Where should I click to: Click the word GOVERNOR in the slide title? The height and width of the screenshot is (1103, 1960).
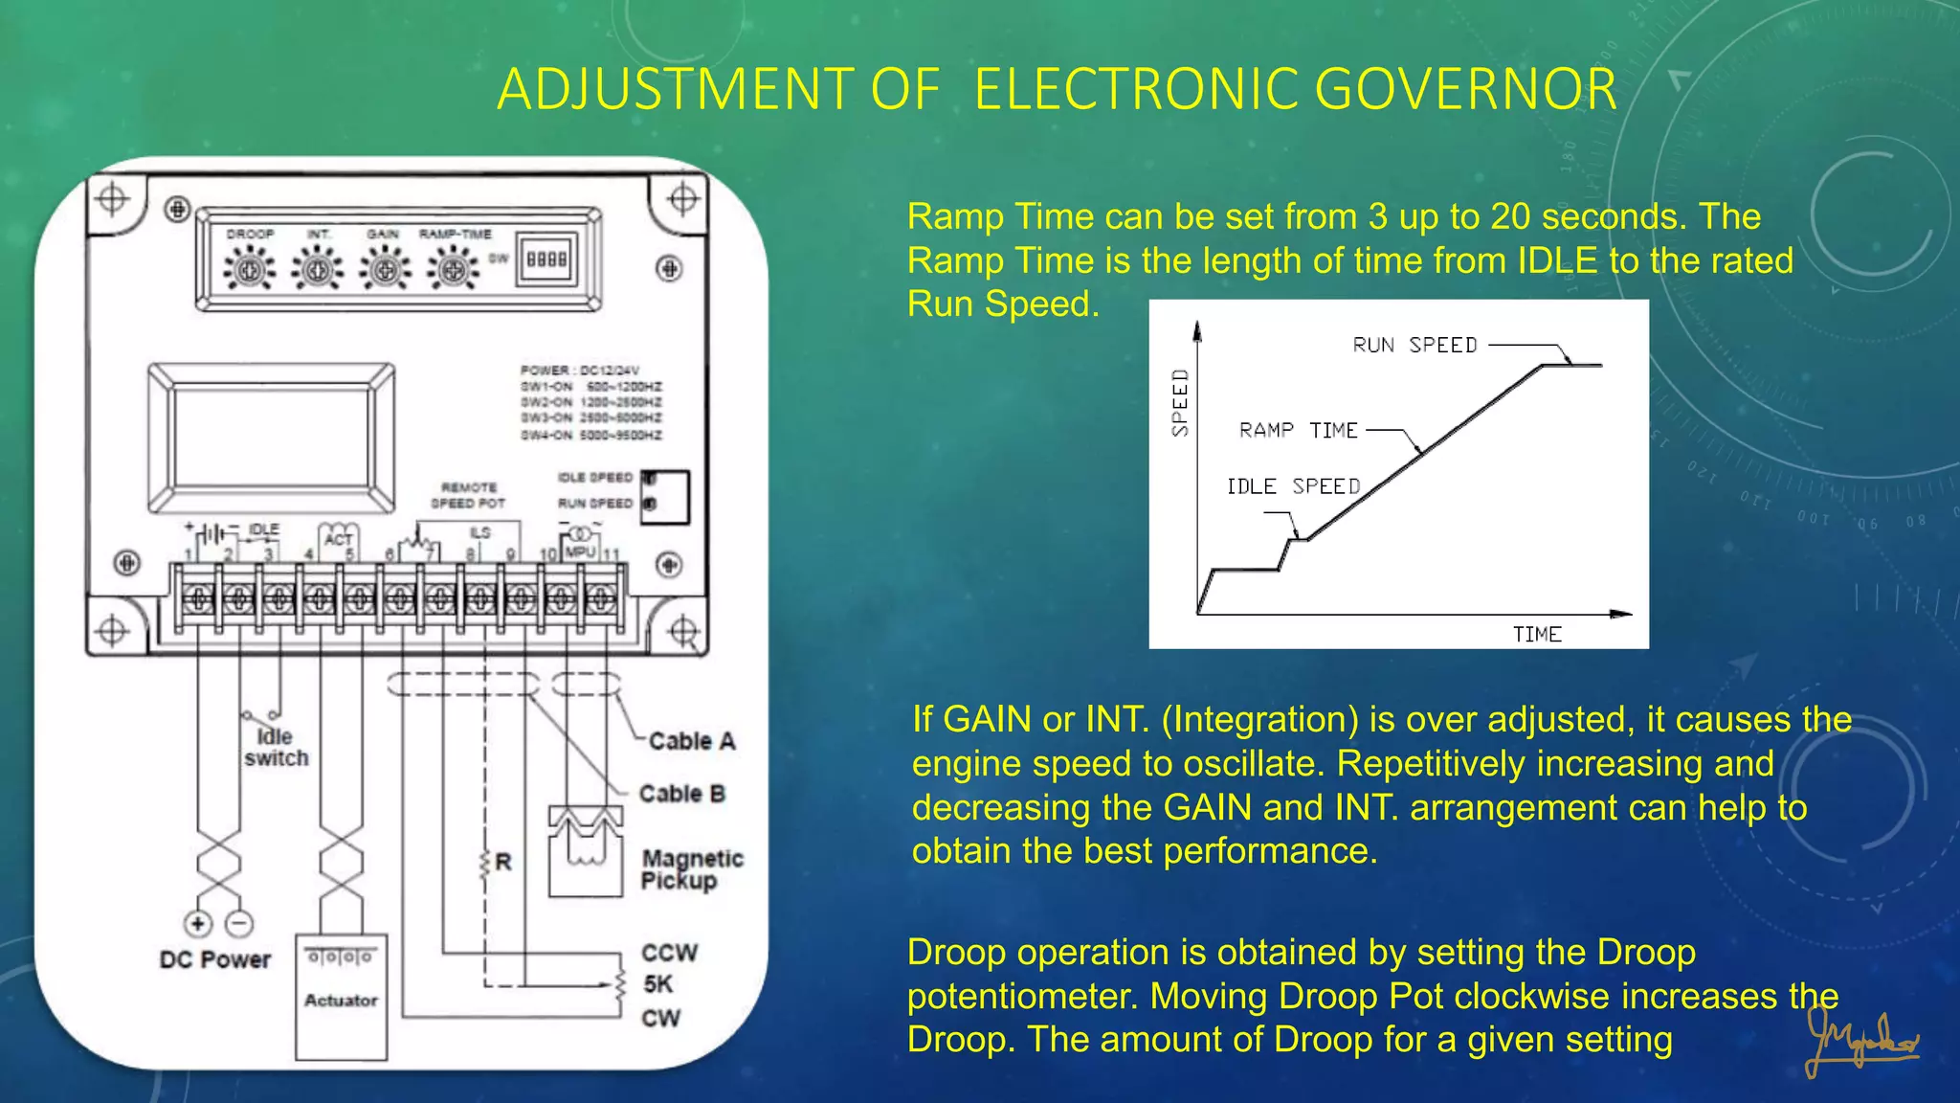pyautogui.click(x=1465, y=89)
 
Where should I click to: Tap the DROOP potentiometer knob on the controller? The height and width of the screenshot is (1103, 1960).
pyautogui.click(x=250, y=270)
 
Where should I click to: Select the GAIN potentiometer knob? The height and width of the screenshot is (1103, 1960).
pyautogui.click(x=385, y=270)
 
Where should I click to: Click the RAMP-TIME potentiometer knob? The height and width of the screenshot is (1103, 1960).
pyautogui.click(x=453, y=270)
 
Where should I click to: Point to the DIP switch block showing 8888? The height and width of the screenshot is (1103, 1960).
pyautogui.click(x=547, y=259)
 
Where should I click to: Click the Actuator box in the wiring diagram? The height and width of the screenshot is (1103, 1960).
pyautogui.click(x=341, y=998)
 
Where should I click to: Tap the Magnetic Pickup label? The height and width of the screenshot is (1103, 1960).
pyautogui.click(x=691, y=869)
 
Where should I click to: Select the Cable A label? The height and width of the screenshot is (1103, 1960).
pyautogui.click(x=692, y=741)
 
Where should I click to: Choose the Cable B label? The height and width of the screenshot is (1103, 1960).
pyautogui.click(x=682, y=794)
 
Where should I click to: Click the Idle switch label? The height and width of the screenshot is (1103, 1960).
pyautogui.click(x=276, y=748)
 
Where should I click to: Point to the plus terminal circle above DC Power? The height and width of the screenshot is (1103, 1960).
pyautogui.click(x=198, y=924)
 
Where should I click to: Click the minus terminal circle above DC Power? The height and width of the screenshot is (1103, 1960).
pyautogui.click(x=239, y=924)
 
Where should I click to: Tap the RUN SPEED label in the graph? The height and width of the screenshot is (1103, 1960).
pyautogui.click(x=1414, y=346)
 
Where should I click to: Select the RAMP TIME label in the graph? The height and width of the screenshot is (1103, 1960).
pyautogui.click(x=1298, y=431)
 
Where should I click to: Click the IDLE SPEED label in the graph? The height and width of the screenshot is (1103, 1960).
pyautogui.click(x=1293, y=486)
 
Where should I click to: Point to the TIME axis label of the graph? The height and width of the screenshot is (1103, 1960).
pyautogui.click(x=1537, y=635)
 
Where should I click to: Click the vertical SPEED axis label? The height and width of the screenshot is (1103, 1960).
pyautogui.click(x=1180, y=403)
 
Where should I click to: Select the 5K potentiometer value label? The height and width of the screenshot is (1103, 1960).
pyautogui.click(x=658, y=984)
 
